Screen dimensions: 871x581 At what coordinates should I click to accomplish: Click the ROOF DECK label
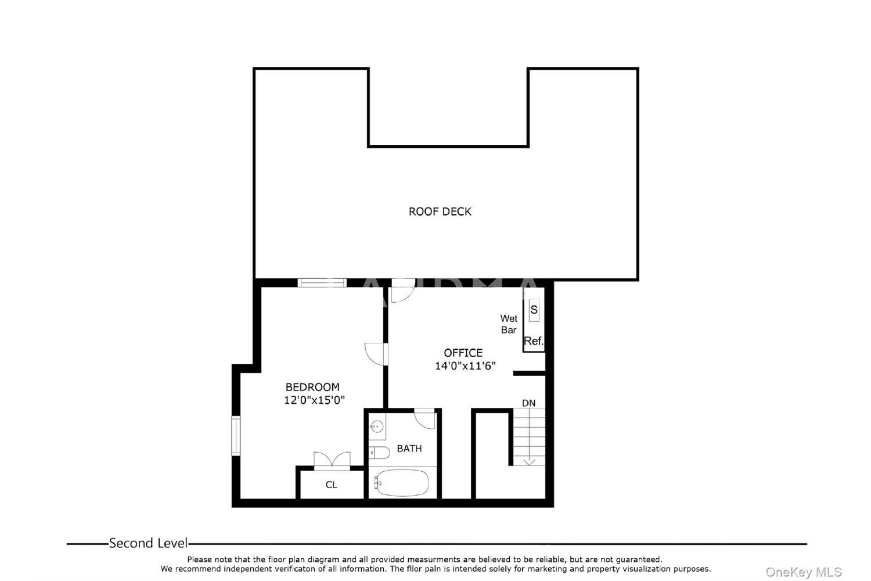coord(440,211)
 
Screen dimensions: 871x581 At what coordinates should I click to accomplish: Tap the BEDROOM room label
coord(312,387)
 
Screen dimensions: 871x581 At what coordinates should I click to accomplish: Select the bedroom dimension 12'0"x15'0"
coord(314,400)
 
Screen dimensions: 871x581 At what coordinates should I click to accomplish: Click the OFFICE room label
coord(463,353)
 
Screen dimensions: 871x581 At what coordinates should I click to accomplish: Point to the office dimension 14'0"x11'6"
coord(465,366)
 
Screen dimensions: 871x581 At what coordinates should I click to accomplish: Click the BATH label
coord(409,449)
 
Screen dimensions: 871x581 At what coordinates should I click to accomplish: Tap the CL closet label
coord(332,485)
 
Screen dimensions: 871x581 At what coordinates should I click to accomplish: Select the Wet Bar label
coord(509,324)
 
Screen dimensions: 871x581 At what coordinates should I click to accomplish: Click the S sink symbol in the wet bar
coord(534,310)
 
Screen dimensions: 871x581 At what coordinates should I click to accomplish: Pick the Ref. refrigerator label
coord(534,341)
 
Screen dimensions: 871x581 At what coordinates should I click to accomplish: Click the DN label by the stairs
coord(528,403)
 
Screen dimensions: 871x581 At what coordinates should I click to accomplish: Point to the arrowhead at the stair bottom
coord(529,462)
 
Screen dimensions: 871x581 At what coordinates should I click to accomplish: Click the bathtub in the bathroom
coord(402,483)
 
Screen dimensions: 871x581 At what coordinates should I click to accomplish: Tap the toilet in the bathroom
coord(379,453)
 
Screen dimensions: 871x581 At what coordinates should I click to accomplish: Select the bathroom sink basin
coord(376,427)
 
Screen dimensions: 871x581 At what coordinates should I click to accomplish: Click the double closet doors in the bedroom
coord(332,461)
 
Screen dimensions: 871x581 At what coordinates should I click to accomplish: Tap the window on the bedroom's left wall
coord(236,435)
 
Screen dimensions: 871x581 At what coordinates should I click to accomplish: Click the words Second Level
coord(148,543)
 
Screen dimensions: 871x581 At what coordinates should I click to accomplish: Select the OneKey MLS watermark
coord(804,572)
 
